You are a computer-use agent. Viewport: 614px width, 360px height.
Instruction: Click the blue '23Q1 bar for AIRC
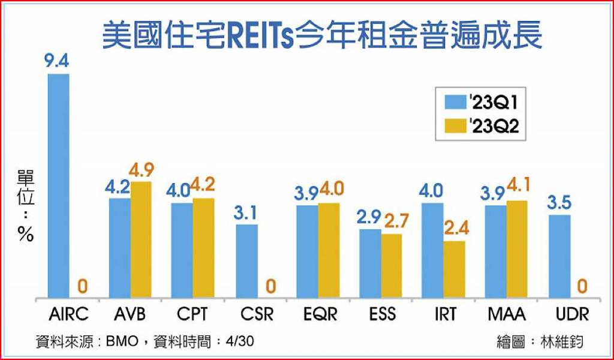59,185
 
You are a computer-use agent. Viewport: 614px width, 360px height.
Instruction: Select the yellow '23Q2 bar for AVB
141,239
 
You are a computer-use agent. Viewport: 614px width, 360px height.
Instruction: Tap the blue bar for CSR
246,261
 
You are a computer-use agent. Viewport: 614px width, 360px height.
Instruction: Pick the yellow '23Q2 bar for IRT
454,269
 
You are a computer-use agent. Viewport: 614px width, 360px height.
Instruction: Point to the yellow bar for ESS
392,265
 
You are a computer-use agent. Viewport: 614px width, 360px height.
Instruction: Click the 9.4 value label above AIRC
57,61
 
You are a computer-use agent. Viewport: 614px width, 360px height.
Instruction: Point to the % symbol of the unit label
26,236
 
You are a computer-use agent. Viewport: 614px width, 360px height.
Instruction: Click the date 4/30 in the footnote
240,342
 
